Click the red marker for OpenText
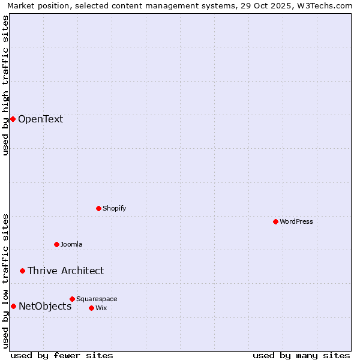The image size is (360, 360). pyautogui.click(x=13, y=119)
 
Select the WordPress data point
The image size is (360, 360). pyautogui.click(x=275, y=221)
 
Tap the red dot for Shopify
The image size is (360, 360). pyautogui.click(x=98, y=208)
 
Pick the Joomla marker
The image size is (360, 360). pyautogui.click(x=56, y=244)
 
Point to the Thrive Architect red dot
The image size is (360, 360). pyautogui.click(x=23, y=271)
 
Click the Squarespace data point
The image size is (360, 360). pyautogui.click(x=72, y=299)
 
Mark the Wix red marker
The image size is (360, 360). pyautogui.click(x=91, y=308)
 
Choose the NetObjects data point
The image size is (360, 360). pyautogui.click(x=13, y=306)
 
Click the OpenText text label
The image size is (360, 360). pyautogui.click(x=40, y=119)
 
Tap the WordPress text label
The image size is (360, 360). pyautogui.click(x=296, y=221)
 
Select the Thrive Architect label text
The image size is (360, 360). pyautogui.click(x=65, y=271)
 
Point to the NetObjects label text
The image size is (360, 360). pyautogui.click(x=45, y=306)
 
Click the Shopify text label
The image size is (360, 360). pyautogui.click(x=114, y=208)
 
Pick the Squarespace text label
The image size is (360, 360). pyautogui.click(x=97, y=299)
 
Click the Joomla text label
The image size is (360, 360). pyautogui.click(x=71, y=244)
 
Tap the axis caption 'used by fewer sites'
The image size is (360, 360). pyautogui.click(x=62, y=355)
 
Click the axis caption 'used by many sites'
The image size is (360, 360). pyautogui.click(x=301, y=355)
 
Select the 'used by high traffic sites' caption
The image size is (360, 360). pyautogui.click(x=5, y=85)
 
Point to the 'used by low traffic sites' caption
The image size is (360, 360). pyautogui.click(x=5, y=280)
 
